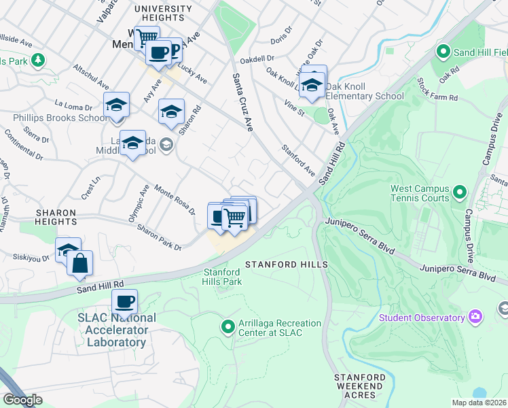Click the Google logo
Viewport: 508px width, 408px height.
pos(22,400)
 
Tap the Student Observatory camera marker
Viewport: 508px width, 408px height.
pos(475,317)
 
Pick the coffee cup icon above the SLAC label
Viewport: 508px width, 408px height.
pos(124,301)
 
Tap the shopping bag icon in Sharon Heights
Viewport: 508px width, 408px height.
pos(79,263)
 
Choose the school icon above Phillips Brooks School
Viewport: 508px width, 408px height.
pos(116,105)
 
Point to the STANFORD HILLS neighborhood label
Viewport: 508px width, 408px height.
pos(287,264)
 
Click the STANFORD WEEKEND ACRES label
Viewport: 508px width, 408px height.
pos(359,386)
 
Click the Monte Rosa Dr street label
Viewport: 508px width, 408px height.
pos(175,198)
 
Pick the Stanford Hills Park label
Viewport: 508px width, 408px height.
pos(223,277)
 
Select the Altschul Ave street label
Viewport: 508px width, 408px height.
pos(91,76)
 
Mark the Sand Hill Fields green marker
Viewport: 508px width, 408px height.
pos(444,51)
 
